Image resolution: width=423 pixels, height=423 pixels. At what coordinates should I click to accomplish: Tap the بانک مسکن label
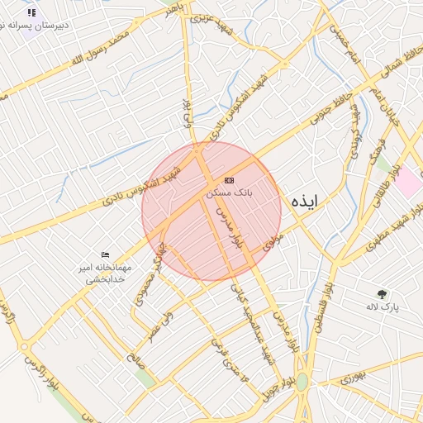229,192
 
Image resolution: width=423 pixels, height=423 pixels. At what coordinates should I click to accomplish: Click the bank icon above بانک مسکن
229,180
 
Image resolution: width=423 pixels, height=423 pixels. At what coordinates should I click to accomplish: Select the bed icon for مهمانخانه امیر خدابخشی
105,254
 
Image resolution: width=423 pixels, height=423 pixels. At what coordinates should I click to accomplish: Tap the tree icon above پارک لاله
382,294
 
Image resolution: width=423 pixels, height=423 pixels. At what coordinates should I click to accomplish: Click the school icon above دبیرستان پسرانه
32,13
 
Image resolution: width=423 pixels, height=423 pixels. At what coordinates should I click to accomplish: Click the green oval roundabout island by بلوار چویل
302,381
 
